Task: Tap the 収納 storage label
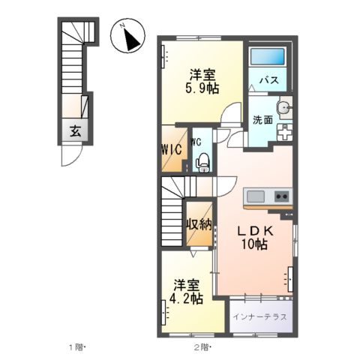click(x=199, y=223)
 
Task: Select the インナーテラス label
click(x=259, y=316)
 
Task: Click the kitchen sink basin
click(x=256, y=196)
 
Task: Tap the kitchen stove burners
click(x=282, y=196)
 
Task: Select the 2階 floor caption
click(x=202, y=348)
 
